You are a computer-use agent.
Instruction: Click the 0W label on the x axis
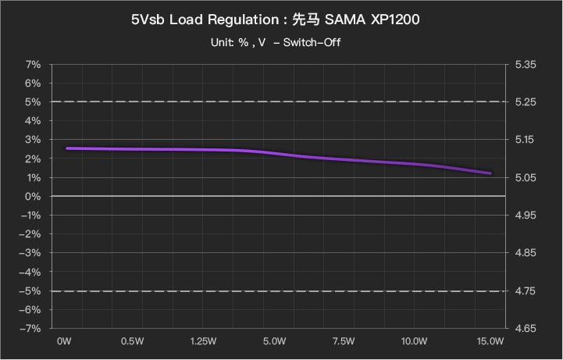(x=64, y=341)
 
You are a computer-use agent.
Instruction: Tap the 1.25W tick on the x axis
(x=203, y=341)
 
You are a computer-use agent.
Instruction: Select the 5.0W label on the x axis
(x=273, y=341)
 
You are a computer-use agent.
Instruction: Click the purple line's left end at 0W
(x=67, y=148)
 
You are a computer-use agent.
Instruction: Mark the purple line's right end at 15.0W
(x=490, y=173)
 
